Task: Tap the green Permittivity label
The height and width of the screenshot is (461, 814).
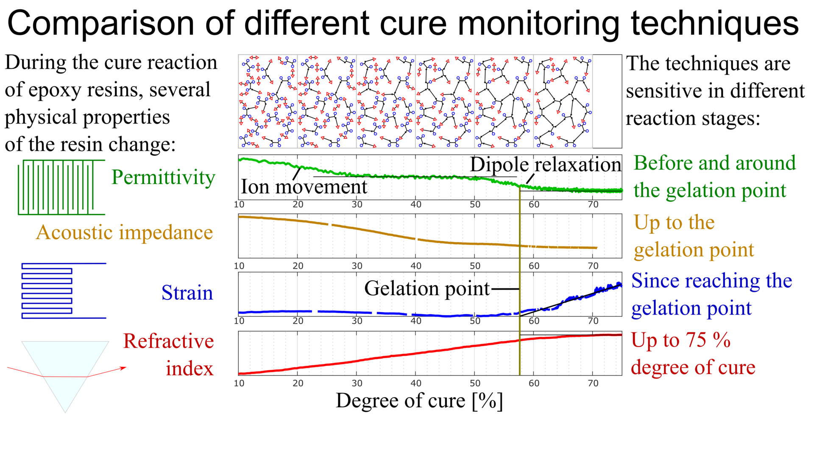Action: tap(163, 177)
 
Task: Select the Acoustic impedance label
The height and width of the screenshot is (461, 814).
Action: tap(124, 232)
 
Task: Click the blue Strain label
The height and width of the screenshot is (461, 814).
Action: tap(187, 293)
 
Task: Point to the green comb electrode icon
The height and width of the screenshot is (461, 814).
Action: tap(61, 187)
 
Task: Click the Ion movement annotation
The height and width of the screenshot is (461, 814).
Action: tap(304, 187)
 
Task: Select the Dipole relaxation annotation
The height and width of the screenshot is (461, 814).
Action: tap(545, 165)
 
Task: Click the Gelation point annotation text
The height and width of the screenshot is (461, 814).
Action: tap(427, 289)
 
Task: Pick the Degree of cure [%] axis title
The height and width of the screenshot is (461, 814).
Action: tap(419, 401)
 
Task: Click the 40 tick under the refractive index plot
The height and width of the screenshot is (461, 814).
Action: tap(415, 383)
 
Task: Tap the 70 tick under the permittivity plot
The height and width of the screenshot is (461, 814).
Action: tap(593, 204)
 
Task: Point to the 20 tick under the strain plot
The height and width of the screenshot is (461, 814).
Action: tap(298, 321)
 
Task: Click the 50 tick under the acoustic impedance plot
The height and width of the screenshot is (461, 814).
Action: tap(475, 266)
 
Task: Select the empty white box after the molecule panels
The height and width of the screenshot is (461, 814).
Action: tap(607, 101)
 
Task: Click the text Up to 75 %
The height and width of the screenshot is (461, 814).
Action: tap(680, 340)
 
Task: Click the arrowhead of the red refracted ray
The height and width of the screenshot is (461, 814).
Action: tap(124, 368)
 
